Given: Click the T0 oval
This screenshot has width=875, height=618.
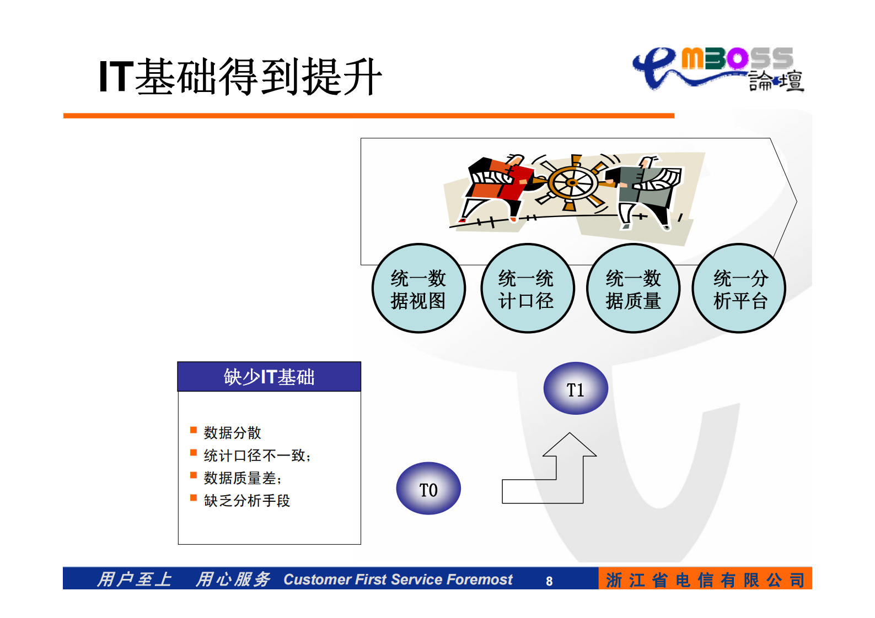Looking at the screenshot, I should tap(428, 489).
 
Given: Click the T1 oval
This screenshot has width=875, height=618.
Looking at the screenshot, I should tap(576, 388).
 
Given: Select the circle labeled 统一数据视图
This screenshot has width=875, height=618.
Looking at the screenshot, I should tap(418, 289).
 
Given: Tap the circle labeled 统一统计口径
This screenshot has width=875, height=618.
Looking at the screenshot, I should tap(527, 289).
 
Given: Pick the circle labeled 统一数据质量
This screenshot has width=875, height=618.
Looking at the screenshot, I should tap(633, 289).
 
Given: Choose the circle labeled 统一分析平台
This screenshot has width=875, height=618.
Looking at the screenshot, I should tap(739, 289).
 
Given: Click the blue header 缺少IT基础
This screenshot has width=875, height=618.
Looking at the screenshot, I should tap(269, 377).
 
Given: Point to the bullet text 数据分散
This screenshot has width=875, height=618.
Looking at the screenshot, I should tap(232, 433).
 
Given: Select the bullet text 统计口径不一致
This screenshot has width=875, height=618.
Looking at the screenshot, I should tap(256, 456).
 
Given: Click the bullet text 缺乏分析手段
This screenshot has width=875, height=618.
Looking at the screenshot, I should tap(246, 501).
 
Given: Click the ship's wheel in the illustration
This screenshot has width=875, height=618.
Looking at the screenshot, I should tap(573, 183).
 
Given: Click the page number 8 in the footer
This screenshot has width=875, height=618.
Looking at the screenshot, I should tap(549, 581).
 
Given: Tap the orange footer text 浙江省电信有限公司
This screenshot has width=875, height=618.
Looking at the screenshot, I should tap(705, 580).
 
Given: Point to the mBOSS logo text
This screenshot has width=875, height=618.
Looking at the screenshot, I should tap(737, 59).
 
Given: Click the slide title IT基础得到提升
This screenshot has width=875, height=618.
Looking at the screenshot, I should tap(240, 77).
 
